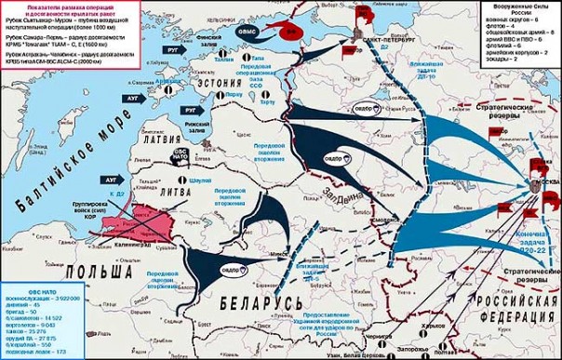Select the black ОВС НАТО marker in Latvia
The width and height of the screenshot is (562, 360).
pyautogui.click(x=181, y=153)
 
